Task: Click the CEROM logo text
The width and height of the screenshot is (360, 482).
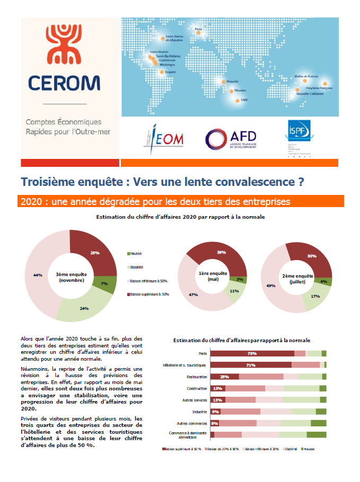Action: click(64, 83)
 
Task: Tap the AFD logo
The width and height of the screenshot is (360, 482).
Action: click(231, 138)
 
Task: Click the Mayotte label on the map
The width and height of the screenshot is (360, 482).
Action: click(232, 82)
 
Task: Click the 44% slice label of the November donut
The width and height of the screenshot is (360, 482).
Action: click(38, 275)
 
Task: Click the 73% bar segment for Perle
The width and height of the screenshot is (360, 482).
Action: click(252, 353)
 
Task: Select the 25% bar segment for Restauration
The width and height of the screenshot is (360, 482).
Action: click(225, 377)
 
